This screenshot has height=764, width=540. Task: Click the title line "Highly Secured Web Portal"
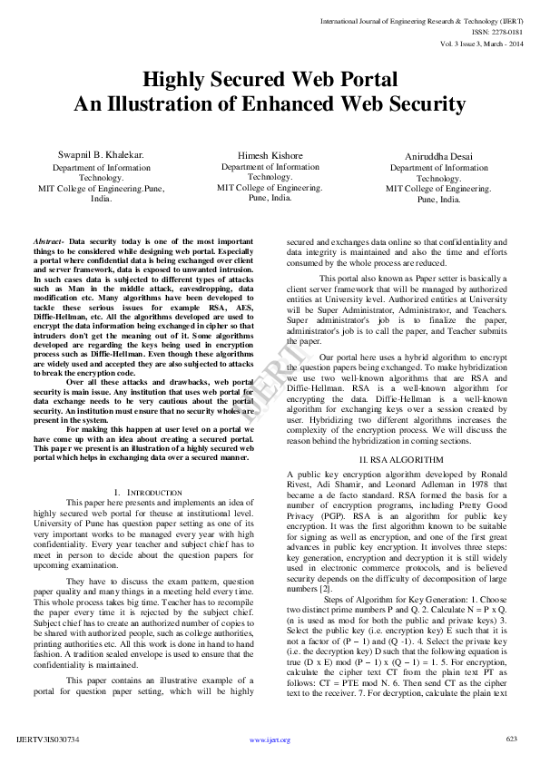[270, 79]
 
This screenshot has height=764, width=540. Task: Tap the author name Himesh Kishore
[270, 156]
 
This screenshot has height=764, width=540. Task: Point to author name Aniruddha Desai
[438, 156]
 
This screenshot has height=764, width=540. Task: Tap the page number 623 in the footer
[512, 739]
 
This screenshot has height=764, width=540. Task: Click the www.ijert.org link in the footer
[270, 740]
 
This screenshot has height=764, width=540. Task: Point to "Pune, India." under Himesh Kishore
[270, 198]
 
